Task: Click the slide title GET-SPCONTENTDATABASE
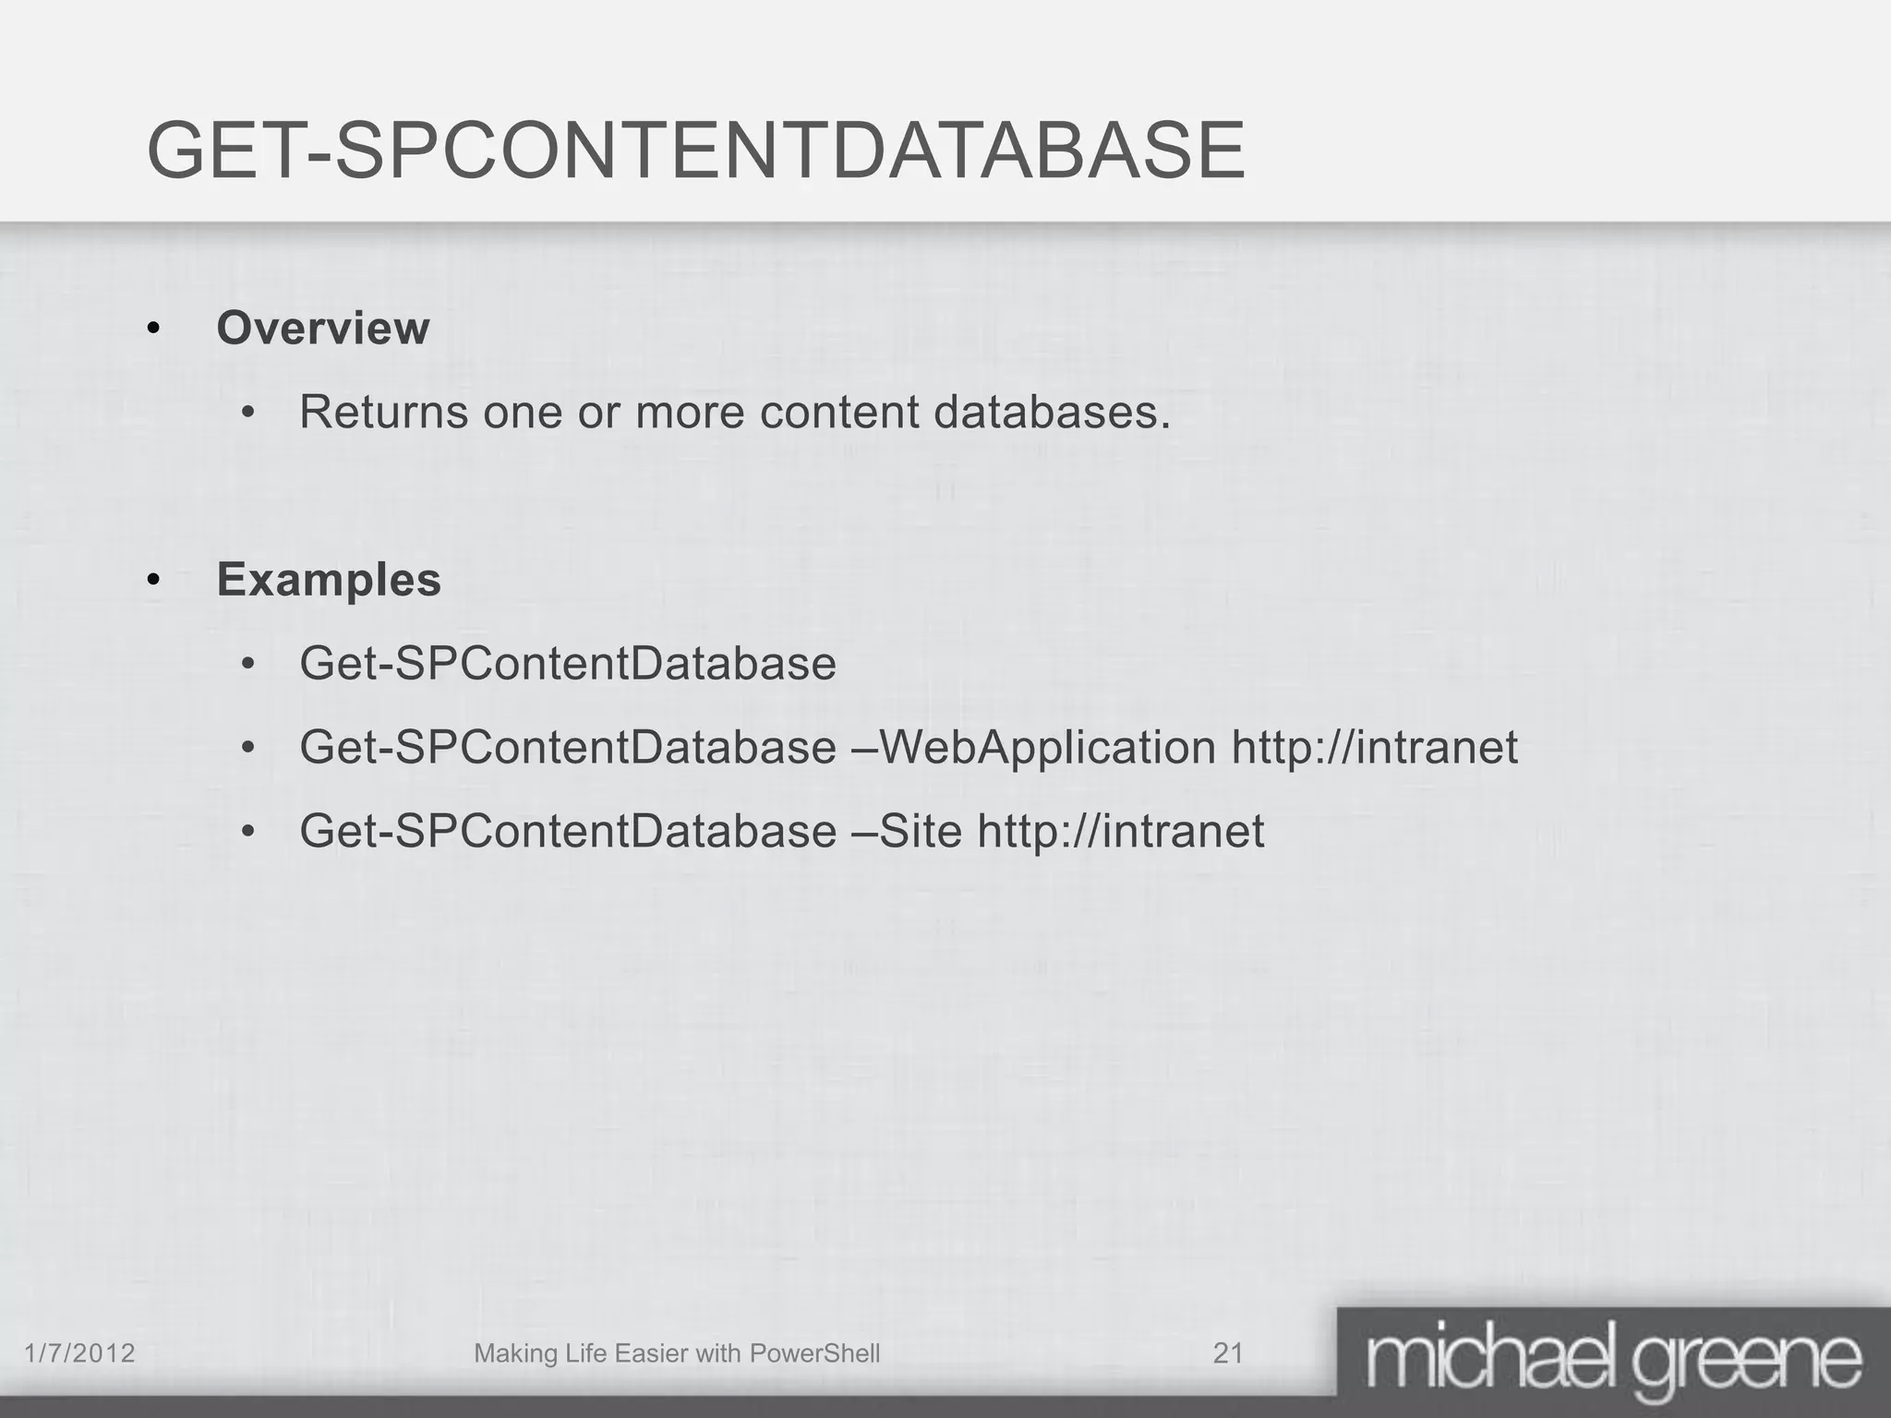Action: click(695, 150)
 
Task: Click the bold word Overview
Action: click(322, 328)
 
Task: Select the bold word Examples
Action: click(329, 580)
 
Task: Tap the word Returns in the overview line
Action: click(383, 412)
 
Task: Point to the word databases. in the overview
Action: click(1052, 412)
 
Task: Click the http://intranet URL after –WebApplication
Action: click(1375, 748)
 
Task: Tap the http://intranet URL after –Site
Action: click(1120, 831)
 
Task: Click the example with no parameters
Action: click(568, 664)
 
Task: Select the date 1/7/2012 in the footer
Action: click(79, 1353)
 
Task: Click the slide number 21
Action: click(1228, 1353)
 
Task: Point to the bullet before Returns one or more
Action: click(247, 414)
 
